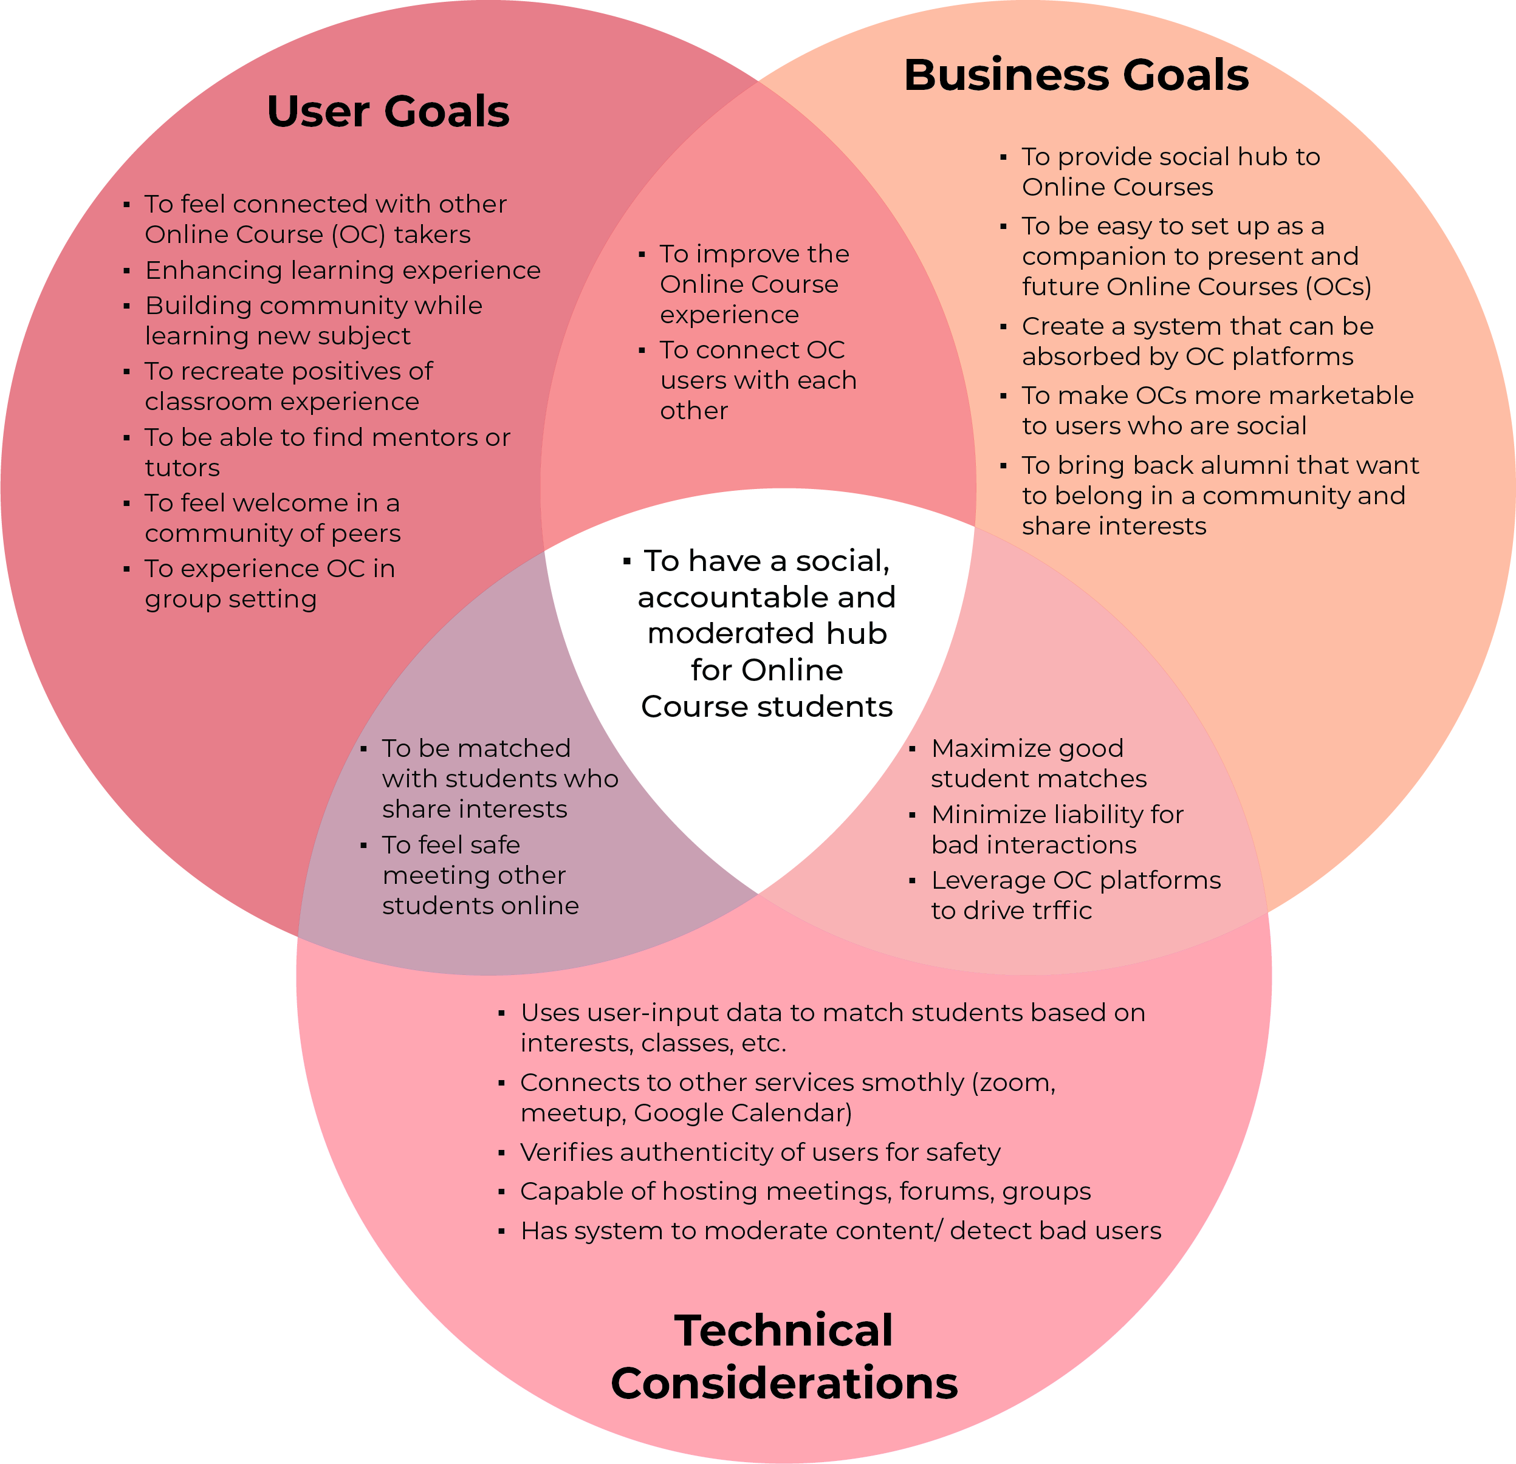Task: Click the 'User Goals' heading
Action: [x=388, y=112]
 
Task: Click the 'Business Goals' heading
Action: [x=1076, y=76]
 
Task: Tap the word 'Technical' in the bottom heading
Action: [x=784, y=1330]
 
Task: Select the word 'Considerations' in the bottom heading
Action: [x=784, y=1383]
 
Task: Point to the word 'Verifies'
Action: [x=566, y=1152]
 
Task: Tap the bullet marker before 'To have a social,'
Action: [x=626, y=561]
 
